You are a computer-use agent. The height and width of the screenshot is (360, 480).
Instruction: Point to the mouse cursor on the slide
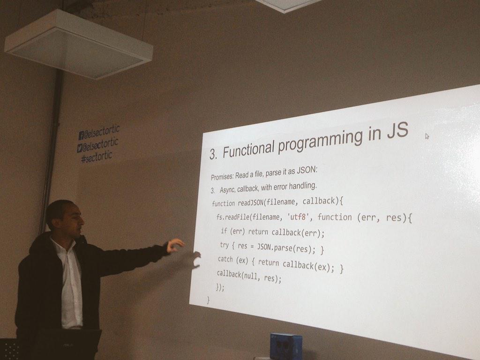tap(427, 136)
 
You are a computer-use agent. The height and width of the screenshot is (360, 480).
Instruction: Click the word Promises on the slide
tap(222, 176)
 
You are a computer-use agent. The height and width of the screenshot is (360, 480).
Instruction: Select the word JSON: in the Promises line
tap(307, 170)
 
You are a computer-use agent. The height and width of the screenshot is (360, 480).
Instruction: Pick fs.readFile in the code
tap(232, 217)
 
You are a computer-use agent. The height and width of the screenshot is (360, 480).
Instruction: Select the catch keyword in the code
tap(225, 259)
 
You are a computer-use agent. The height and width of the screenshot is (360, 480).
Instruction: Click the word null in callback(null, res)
tap(251, 276)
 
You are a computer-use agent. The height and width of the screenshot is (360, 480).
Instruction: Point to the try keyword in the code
tap(225, 245)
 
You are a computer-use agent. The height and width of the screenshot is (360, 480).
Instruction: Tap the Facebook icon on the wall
tap(82, 135)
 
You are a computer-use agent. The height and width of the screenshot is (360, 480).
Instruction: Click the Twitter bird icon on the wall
tap(80, 148)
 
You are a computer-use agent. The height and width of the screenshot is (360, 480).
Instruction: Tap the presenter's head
tap(65, 216)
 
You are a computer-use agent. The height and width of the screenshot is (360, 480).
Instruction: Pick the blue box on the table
tap(286, 346)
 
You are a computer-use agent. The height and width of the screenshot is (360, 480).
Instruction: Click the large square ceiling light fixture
tap(79, 45)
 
